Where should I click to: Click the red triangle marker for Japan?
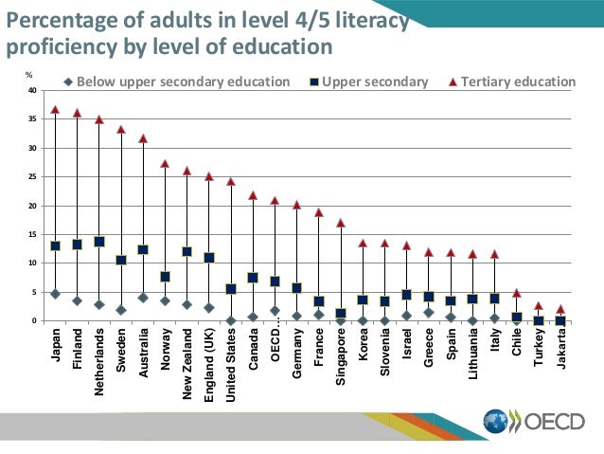55,110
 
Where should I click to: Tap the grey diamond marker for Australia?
143,298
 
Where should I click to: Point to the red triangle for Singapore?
341,223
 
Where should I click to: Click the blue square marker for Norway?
165,277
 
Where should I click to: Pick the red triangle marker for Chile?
516,293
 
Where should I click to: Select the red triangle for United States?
231,181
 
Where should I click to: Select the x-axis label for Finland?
78,349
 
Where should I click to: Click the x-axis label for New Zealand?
187,363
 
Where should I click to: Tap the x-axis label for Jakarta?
560,348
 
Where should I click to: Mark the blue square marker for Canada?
253,278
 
